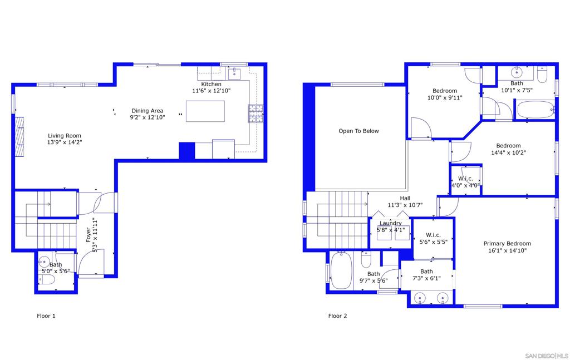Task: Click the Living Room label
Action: point(65,136)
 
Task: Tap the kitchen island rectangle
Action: point(205,111)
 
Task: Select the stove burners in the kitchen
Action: point(255,114)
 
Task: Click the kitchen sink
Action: point(234,73)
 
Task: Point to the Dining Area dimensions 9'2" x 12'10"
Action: point(147,117)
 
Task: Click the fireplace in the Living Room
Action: point(19,136)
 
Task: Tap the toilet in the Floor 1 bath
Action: point(47,279)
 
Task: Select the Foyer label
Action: point(89,235)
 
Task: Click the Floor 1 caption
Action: point(46,315)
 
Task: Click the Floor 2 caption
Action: point(337,315)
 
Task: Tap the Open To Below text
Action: point(358,131)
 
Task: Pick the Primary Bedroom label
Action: point(507,243)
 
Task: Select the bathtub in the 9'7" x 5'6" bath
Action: point(341,270)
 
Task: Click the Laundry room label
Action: point(390,223)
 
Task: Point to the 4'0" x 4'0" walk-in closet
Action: point(466,181)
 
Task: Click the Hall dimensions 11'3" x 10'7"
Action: point(405,205)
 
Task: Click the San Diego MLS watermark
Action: point(547,356)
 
